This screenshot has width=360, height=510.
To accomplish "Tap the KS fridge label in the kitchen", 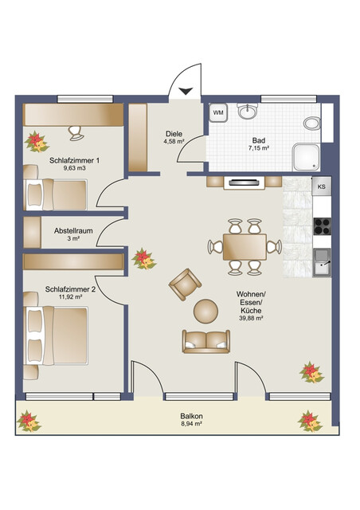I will coord(321,186).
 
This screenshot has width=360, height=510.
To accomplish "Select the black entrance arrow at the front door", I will coord(186,91).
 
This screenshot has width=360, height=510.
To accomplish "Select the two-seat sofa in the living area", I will coord(205,340).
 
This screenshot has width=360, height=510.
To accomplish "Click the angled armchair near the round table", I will coord(185,283).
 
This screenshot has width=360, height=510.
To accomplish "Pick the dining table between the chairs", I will coord(245,245).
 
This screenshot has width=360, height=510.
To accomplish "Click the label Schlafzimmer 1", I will coord(74,160).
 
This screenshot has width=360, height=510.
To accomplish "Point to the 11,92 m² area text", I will coord(72,299).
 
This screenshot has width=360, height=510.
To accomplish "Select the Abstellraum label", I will coord(74,230).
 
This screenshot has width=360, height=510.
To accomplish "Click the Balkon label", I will coord(190,416).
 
